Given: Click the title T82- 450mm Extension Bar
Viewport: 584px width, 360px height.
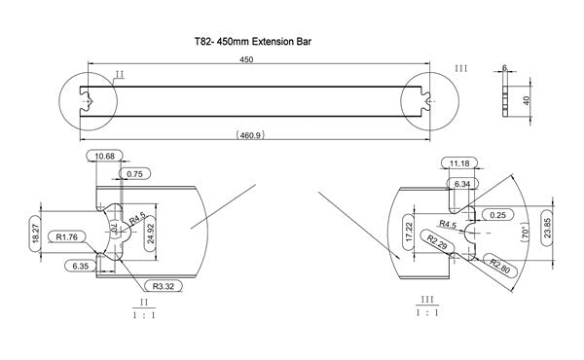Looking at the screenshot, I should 252,43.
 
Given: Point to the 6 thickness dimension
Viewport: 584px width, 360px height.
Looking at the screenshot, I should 504,68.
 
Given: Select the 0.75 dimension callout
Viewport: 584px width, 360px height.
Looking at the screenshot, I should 134,173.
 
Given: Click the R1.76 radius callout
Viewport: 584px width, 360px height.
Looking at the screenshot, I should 68,235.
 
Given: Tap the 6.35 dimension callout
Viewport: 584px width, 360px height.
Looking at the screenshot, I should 80,265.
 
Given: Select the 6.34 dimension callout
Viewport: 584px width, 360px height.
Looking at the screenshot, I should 462,182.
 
